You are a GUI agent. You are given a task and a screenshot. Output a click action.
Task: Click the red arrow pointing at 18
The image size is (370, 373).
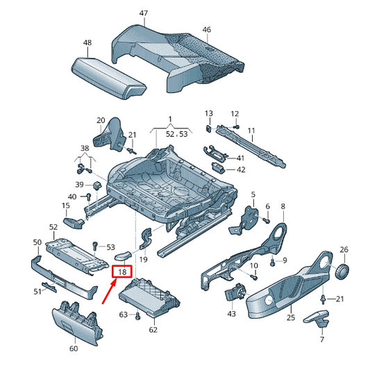tap(109, 291)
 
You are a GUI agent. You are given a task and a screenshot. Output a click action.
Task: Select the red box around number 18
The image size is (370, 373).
tap(122, 272)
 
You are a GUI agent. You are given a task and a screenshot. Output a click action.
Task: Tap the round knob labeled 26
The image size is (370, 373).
tap(342, 271)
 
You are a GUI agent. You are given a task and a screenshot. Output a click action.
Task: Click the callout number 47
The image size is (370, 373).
tap(144, 13)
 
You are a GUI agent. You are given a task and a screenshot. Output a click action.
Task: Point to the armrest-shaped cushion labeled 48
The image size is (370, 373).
tap(109, 78)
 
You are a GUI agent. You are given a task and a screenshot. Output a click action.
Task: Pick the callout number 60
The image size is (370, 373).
tap(74, 349)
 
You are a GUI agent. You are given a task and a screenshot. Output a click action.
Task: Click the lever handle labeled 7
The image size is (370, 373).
tap(317, 318)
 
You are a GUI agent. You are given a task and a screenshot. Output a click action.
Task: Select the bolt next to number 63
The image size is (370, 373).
tap(138, 316)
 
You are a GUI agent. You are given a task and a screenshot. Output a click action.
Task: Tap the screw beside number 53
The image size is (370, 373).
tap(95, 246)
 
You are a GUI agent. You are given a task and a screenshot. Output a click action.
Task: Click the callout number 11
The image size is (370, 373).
tap(251, 131)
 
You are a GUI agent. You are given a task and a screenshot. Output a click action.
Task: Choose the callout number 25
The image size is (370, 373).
tap(291, 317)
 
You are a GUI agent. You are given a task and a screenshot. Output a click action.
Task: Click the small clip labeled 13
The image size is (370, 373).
tap(208, 129)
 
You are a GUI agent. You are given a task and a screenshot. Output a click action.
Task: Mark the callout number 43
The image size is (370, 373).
tap(231, 314)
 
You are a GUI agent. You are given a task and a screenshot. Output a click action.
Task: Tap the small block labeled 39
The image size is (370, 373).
tap(97, 185)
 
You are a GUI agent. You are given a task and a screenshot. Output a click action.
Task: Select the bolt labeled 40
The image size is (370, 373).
tap(88, 197)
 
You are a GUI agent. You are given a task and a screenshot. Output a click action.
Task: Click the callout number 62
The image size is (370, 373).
tap(153, 330)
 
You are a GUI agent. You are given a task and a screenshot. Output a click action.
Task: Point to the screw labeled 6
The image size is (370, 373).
tap(266, 220)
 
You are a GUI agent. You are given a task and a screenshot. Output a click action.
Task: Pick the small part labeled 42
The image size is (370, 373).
tap(218, 167)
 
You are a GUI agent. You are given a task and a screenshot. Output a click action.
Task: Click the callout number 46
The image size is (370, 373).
tap(207, 30)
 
